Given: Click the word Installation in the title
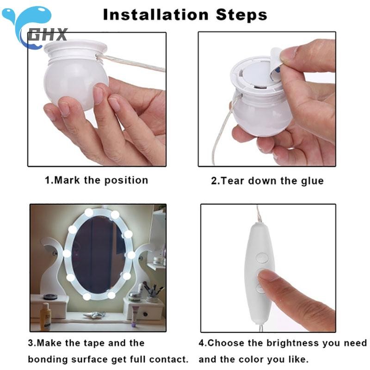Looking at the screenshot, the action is tap(156, 15).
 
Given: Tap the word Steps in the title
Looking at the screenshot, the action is tap(241, 15).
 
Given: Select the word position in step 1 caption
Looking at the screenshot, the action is tap(126, 180).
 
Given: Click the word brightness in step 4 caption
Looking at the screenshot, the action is tap(293, 343).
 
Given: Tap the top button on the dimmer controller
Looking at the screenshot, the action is tap(262, 258).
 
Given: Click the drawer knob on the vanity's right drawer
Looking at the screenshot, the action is tap(145, 314).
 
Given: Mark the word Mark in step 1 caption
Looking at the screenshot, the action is tap(67, 180).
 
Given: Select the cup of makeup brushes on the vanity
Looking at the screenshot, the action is tap(153, 294).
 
